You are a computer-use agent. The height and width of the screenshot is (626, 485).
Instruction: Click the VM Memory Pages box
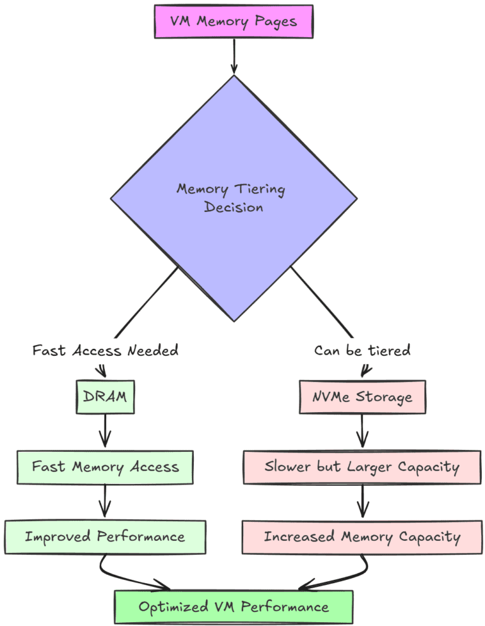(x=234, y=21)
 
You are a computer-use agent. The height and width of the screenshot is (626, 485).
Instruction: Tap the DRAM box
(x=105, y=397)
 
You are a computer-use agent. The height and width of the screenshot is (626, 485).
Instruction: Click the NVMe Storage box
(x=362, y=397)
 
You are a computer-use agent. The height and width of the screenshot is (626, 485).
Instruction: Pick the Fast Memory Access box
(x=105, y=467)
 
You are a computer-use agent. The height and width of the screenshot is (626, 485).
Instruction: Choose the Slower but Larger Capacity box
(x=362, y=467)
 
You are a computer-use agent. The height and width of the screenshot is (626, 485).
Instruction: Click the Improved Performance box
(x=105, y=537)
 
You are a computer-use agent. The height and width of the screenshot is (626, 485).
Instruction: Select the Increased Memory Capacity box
(x=362, y=537)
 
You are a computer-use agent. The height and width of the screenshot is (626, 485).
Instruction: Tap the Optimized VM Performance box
(x=234, y=607)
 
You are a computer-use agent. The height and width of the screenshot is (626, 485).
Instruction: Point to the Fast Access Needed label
(x=105, y=350)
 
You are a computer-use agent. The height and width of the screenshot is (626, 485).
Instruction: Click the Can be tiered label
(x=362, y=350)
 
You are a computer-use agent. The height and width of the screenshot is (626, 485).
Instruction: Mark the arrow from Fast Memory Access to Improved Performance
(x=105, y=502)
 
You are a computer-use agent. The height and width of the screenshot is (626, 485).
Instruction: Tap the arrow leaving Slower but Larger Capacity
(x=362, y=502)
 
